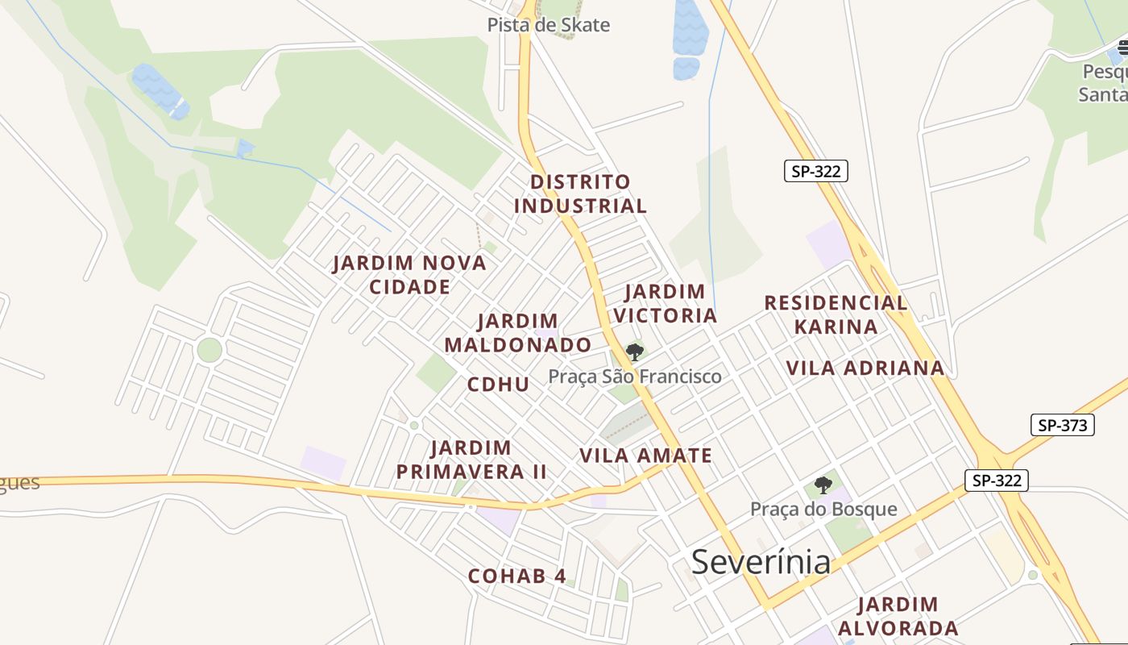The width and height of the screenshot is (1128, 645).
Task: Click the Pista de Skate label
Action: coord(548,25)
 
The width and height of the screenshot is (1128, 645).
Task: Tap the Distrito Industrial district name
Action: coord(580,193)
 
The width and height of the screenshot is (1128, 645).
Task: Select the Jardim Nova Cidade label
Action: coord(409,275)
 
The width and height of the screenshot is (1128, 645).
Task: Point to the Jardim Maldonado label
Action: coord(518,333)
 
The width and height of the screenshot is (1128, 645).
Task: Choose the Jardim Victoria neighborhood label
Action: coord(665,303)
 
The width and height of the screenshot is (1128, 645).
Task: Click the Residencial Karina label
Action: coord(836,314)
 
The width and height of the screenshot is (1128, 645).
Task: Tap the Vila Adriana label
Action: coord(865,368)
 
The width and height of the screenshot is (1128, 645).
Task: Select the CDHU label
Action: coord(499,385)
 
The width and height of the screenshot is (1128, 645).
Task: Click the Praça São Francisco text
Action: coord(635,377)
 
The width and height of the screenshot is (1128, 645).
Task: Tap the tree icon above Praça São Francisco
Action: coord(635,352)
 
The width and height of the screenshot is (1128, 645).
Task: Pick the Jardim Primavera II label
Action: coord(471,460)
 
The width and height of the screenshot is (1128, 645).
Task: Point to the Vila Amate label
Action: coord(646,456)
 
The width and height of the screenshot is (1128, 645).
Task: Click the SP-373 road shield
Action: coord(1062,425)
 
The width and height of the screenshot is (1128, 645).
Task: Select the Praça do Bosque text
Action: coord(823,510)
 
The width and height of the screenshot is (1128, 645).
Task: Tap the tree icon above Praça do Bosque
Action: coord(823,485)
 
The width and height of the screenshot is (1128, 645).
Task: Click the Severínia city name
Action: coord(761,562)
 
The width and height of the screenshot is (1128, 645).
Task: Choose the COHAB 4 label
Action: coord(517,576)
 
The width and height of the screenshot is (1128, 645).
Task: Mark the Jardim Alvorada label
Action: coord(898,617)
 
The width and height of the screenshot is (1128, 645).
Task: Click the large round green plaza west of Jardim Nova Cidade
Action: coord(209,350)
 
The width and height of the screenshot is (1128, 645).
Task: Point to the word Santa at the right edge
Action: coord(1103,94)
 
